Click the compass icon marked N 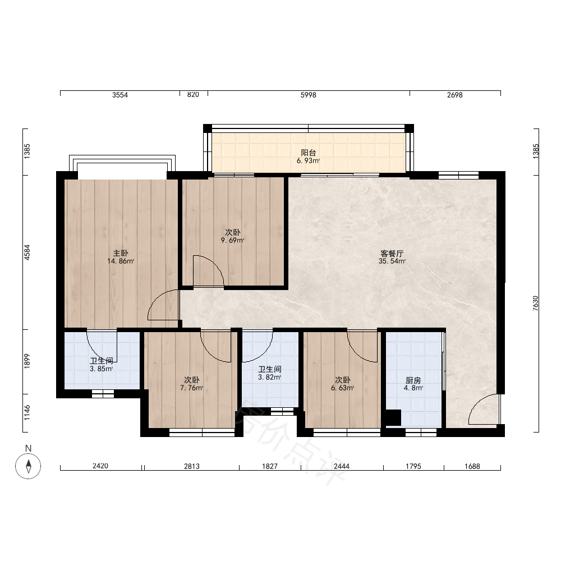point(28,466)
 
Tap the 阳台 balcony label point(308,153)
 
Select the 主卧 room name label point(121,254)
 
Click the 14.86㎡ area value point(121,261)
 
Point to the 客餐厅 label point(392,254)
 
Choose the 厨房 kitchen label point(413,380)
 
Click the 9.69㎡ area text point(232,241)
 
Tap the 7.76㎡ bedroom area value point(191,388)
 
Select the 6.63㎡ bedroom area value point(342,388)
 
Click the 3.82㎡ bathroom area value point(269,377)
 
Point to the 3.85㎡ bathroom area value point(101,369)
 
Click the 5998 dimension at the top point(308,95)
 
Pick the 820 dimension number point(193,95)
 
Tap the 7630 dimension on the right point(535,303)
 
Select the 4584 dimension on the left point(27,252)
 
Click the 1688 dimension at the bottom point(472,466)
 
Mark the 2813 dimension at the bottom point(192,466)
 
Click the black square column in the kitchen point(393,417)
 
